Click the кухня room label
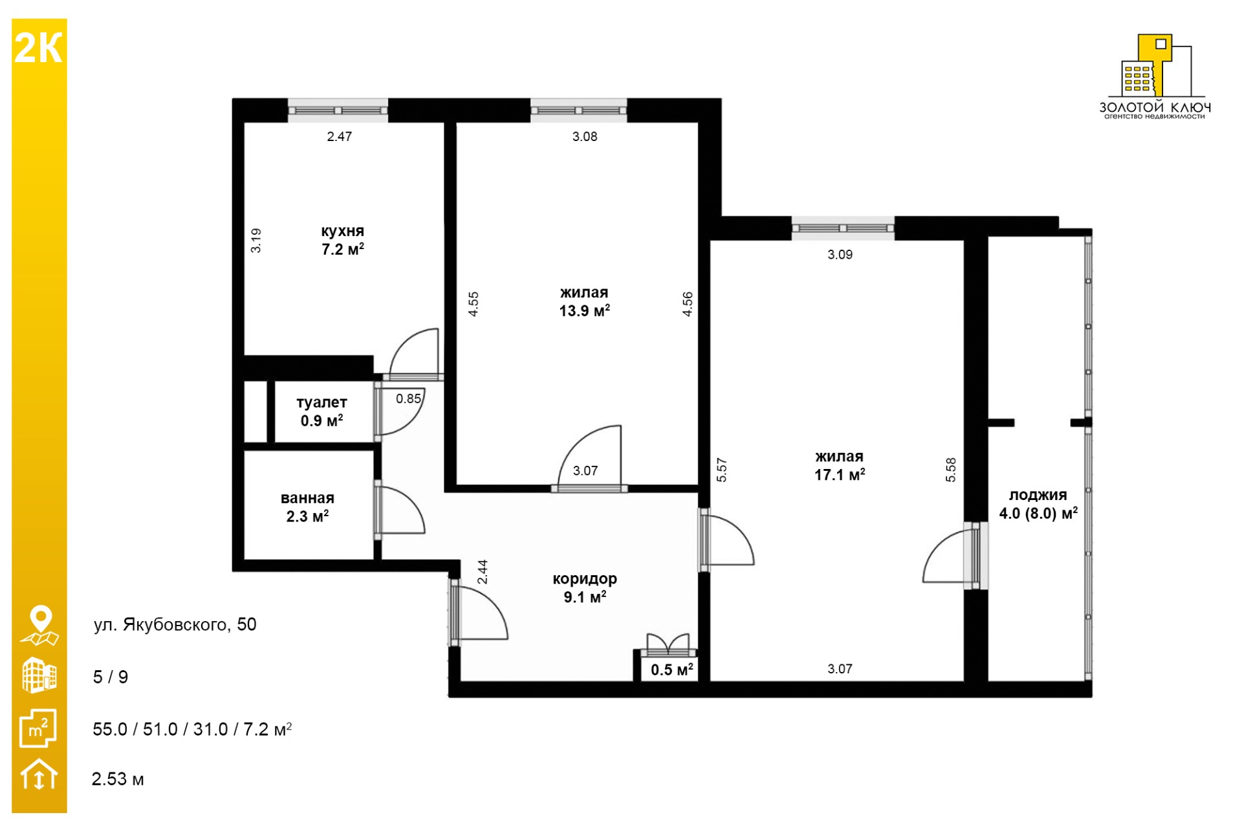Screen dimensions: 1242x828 tap(342, 232)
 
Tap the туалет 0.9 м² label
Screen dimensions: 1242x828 tap(321, 411)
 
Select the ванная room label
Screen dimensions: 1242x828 tap(307, 498)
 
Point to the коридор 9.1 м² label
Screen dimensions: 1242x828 tap(585, 588)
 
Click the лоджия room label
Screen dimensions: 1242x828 tap(1038, 496)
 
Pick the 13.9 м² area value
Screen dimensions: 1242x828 tap(584, 311)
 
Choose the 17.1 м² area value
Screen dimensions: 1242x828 tap(840, 475)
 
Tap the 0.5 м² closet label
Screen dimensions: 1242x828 tap(672, 670)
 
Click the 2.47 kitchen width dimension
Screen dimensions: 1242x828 tap(339, 136)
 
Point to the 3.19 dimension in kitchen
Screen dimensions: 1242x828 tap(256, 240)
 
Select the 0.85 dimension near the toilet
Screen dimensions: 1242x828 tap(408, 399)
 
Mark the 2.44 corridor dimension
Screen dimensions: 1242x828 tap(483, 572)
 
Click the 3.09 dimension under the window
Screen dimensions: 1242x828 tap(840, 255)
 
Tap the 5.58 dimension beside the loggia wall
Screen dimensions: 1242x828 tap(950, 470)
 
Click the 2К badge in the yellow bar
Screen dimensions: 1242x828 tap(38, 48)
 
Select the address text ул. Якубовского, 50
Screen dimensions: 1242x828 tap(175, 624)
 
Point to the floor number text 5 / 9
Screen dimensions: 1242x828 tap(111, 677)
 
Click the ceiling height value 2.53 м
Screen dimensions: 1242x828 tap(118, 779)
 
